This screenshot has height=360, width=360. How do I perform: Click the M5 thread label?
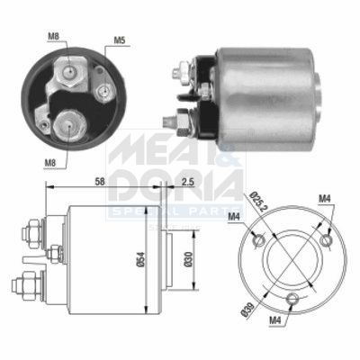pyautogui.click(x=119, y=40)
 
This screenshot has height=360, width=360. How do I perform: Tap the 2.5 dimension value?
pyautogui.click(x=185, y=181)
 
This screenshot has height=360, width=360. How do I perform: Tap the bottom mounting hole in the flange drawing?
pyautogui.click(x=290, y=301)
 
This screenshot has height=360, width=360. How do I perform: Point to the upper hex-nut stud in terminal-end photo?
pyautogui.click(x=68, y=72)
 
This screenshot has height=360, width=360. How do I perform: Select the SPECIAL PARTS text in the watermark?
pyautogui.click(x=175, y=211)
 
